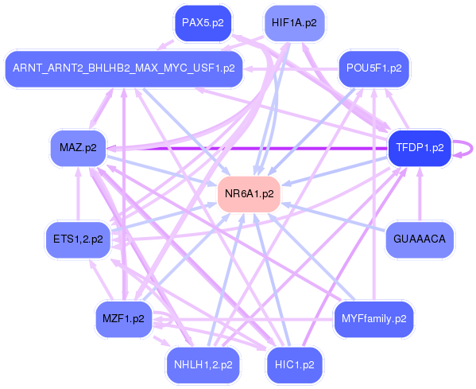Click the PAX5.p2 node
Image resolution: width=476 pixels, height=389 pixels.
pyautogui.click(x=203, y=22)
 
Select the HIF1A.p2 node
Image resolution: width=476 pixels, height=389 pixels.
pyautogui.click(x=293, y=22)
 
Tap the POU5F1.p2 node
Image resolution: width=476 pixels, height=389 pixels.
pyautogui.click(x=373, y=68)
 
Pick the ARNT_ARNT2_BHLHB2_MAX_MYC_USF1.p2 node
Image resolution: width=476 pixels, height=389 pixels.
pyautogui.click(x=122, y=68)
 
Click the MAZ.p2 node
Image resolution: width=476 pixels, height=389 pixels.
pyautogui.click(x=78, y=147)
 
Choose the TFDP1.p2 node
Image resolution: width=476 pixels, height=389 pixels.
pyautogui.click(x=419, y=147)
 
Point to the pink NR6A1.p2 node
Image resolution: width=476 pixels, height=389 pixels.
pyautogui.click(x=249, y=193)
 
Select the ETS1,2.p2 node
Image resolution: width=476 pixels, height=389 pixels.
pyautogui.click(x=78, y=239)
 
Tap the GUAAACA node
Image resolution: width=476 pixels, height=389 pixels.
pyautogui.click(x=419, y=239)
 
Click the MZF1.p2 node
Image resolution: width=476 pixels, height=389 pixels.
pyautogui.click(x=123, y=318)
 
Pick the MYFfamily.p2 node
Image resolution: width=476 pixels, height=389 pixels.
pyautogui.click(x=373, y=318)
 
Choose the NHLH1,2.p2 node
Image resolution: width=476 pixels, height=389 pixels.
pyautogui.click(x=203, y=364)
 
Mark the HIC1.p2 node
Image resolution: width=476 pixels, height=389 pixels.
pyautogui.click(x=293, y=364)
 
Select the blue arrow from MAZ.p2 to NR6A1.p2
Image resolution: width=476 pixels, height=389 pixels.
pyautogui.click(x=159, y=169)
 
